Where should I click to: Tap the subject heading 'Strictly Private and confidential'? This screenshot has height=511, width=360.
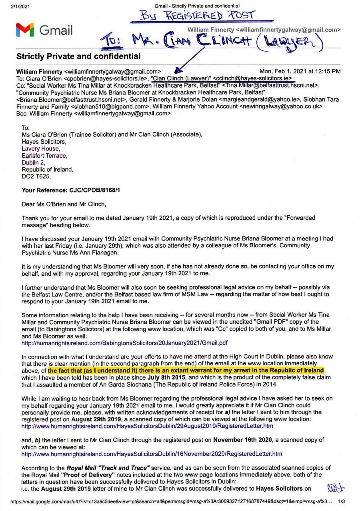[x=78, y=56]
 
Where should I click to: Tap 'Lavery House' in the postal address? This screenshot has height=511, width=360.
[x=40, y=148]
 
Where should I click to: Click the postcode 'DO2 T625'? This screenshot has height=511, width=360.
[x=36, y=176]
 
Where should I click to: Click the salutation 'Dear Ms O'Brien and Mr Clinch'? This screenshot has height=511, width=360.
[x=64, y=204]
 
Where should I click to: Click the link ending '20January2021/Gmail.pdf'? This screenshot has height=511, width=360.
[x=124, y=343]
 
